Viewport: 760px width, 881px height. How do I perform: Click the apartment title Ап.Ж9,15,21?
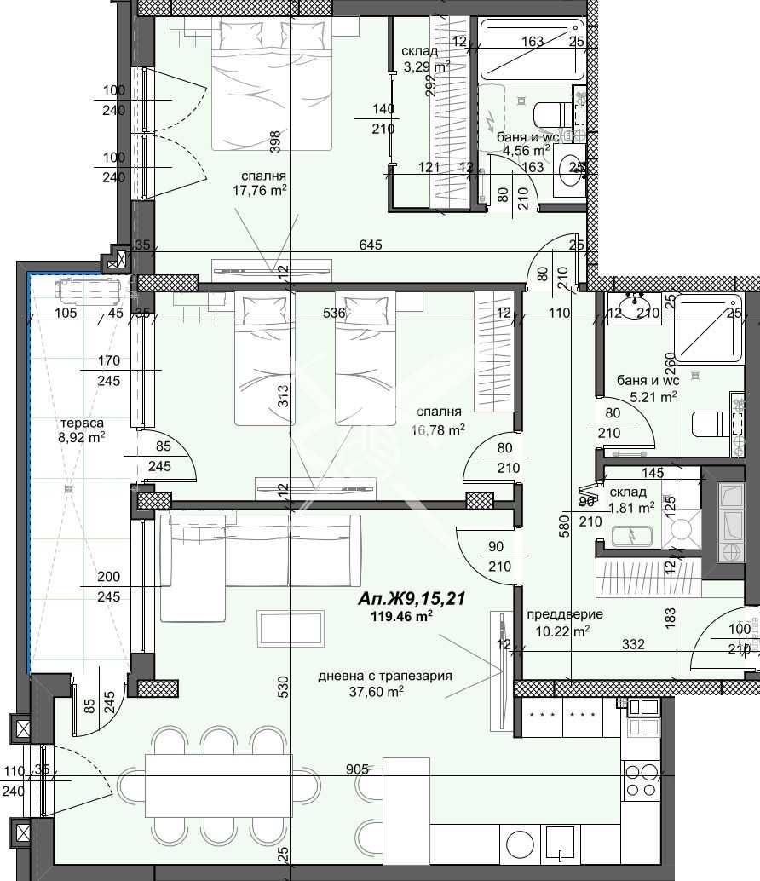point(412,599)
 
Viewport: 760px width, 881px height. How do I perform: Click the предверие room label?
point(565,614)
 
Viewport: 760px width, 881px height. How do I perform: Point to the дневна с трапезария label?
point(384,676)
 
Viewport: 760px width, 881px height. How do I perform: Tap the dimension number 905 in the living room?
point(357,769)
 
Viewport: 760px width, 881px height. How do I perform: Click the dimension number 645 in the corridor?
point(370,245)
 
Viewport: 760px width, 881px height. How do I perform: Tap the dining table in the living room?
point(218,783)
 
